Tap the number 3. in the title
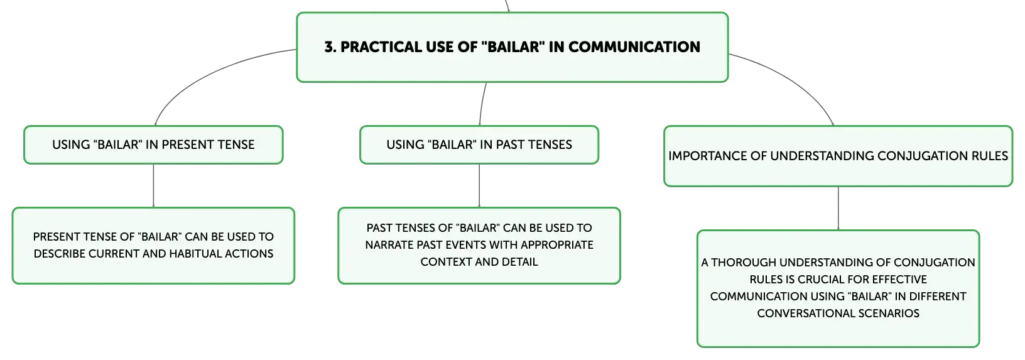point(330,46)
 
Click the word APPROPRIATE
point(557,245)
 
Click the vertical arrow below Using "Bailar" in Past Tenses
point(479,185)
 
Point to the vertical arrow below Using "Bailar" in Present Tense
point(153,185)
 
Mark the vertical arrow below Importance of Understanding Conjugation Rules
point(838,209)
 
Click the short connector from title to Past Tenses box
point(482,104)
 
